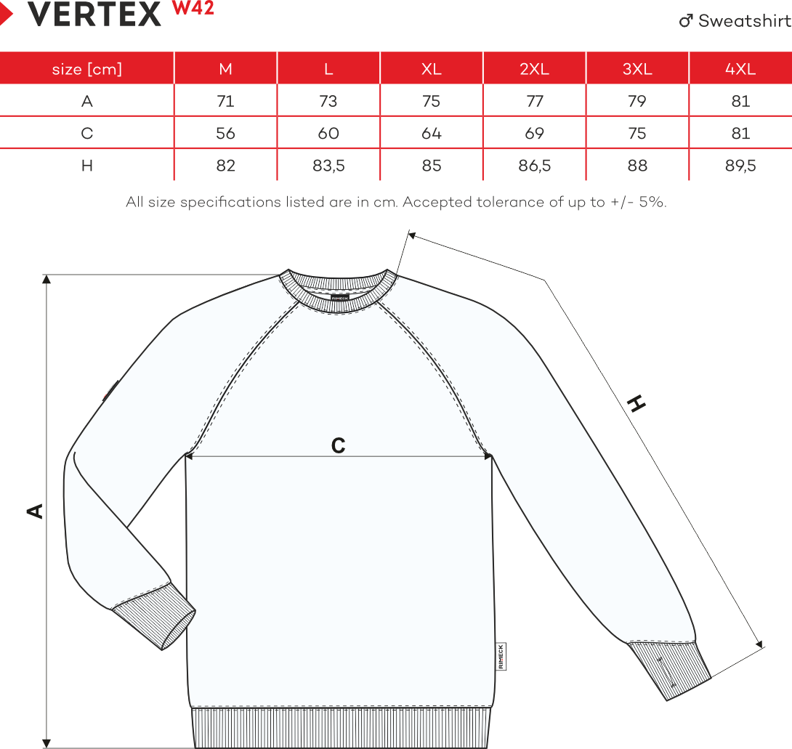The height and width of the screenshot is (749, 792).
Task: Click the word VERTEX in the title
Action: [94, 15]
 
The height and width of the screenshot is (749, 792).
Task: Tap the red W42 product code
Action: [193, 9]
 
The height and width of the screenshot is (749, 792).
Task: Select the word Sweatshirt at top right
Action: [744, 21]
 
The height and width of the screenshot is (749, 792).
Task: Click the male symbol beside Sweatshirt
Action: [686, 21]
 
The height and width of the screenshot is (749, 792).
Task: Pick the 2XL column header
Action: [534, 69]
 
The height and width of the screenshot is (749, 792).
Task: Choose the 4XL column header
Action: [740, 69]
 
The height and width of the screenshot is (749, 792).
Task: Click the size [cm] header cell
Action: [87, 69]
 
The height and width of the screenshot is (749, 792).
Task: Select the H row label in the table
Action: [87, 166]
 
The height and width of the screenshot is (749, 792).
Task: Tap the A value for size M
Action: [226, 101]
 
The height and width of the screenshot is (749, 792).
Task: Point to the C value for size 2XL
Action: [534, 134]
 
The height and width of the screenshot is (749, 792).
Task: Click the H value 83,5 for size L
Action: [328, 166]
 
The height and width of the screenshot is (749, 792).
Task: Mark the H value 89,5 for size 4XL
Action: [740, 166]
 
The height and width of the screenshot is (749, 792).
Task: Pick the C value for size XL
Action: [432, 134]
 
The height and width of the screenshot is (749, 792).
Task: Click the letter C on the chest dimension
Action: [338, 445]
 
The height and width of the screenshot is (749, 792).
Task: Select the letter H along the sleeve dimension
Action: [637, 404]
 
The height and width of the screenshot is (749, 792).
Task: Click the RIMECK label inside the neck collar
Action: [339, 296]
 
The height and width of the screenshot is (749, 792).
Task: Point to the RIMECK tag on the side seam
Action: [501, 656]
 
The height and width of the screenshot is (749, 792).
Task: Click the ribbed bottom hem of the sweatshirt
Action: [339, 728]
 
